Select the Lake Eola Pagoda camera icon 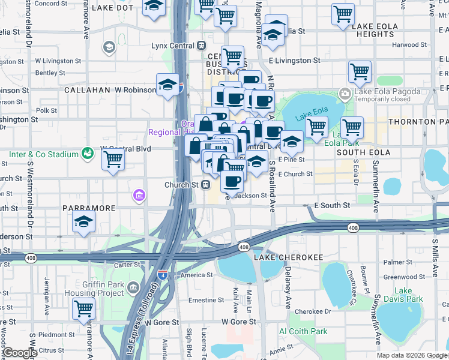point(345,93)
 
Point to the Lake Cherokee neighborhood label point(288,257)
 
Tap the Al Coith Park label point(303,331)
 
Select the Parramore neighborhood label point(88,208)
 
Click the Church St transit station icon point(205,185)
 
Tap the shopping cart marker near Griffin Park point(84,308)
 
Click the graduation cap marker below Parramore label point(84,222)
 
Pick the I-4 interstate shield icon point(162,275)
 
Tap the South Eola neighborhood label point(363,153)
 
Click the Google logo point(20,353)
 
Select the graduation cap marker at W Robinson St point(167,85)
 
